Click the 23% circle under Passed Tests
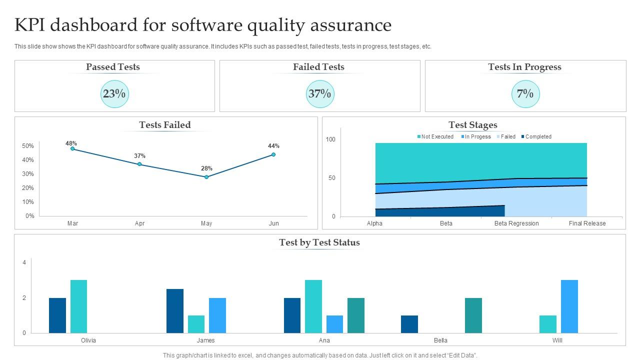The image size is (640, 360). click(114, 94)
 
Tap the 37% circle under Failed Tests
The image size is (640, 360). click(319, 94)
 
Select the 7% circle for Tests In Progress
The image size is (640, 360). click(525, 94)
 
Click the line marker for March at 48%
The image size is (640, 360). click(72, 148)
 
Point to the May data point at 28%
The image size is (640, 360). click(206, 177)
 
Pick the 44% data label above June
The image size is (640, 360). click(273, 146)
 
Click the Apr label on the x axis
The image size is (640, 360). click(139, 223)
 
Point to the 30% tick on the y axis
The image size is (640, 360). click(28, 174)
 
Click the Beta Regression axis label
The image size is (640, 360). click(516, 223)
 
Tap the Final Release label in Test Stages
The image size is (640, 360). click(587, 223)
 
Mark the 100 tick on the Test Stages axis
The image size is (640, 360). click(330, 139)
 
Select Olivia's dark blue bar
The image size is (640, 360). click(57, 315)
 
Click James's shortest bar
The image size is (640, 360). click(196, 324)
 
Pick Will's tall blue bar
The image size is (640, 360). click(569, 306)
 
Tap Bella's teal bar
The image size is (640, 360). click(473, 315)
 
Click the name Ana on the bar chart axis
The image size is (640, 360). click(324, 340)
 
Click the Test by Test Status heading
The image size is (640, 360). click(319, 242)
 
